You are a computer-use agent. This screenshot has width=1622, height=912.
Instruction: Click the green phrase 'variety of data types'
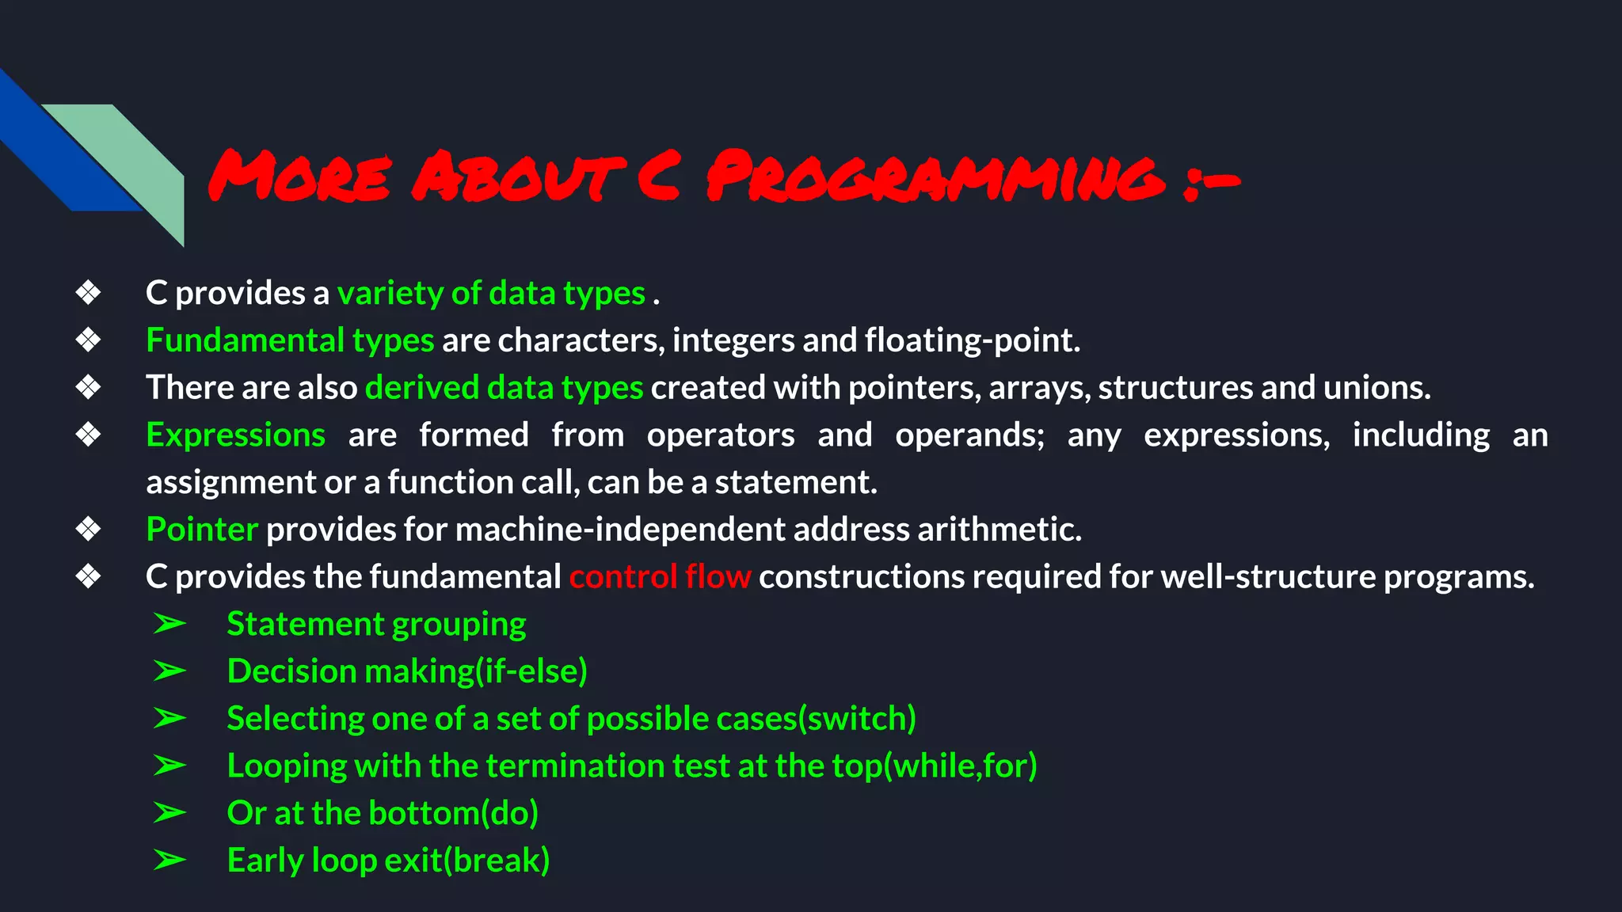[x=491, y=294]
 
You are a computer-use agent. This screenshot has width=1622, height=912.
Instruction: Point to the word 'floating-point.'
[x=972, y=340]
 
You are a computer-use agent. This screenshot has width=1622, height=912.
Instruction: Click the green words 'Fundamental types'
[x=290, y=340]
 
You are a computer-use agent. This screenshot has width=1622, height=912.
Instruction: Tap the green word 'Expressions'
[x=235, y=435]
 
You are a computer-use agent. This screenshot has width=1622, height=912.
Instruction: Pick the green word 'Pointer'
[x=202, y=530]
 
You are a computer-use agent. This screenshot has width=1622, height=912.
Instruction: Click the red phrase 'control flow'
[x=660, y=577]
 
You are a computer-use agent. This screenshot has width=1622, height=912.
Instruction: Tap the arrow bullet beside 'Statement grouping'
[x=169, y=624]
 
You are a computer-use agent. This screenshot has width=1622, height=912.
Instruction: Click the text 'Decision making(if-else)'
[x=407, y=671]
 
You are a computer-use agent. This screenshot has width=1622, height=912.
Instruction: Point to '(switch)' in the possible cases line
[x=857, y=719]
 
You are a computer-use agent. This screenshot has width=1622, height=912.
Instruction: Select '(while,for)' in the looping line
[x=960, y=766]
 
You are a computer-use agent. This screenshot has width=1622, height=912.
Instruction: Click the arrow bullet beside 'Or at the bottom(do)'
[x=169, y=813]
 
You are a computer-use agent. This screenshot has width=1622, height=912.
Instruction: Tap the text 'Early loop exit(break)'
[x=388, y=861]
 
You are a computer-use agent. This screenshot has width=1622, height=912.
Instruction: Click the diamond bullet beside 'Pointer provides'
[x=88, y=530]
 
